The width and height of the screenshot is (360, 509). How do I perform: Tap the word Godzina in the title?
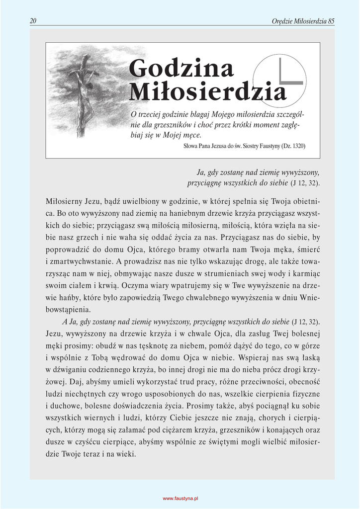pyautogui.click(x=181, y=68)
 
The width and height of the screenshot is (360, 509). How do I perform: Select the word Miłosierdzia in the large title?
pyautogui.click(x=208, y=91)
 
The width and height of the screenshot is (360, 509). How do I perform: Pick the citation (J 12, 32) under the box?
pyautogui.click(x=305, y=183)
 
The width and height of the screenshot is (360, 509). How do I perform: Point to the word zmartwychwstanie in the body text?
pyautogui.click(x=81, y=261)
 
